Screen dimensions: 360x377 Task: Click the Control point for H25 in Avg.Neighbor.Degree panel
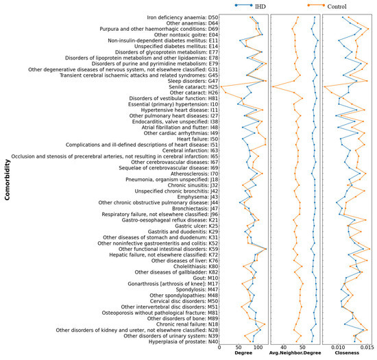[x=273, y=87]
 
